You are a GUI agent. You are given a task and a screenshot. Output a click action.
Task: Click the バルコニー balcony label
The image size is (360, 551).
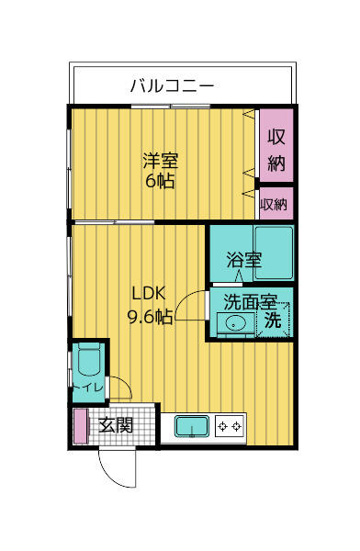[172, 87]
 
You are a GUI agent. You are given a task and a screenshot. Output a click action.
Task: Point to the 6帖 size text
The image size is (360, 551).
[160, 180]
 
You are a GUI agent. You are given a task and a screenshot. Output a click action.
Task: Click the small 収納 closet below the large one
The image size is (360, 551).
[274, 204]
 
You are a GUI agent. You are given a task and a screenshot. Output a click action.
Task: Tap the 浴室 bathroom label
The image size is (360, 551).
[244, 260]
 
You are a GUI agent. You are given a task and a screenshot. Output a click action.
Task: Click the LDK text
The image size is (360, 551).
[147, 295]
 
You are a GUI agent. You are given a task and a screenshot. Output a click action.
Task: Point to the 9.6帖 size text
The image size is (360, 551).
[150, 318]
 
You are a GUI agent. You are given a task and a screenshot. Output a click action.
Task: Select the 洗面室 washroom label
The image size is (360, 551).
[250, 300]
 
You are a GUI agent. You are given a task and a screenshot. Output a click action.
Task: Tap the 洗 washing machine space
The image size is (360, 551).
[273, 321]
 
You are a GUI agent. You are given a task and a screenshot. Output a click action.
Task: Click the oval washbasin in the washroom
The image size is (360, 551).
[235, 323]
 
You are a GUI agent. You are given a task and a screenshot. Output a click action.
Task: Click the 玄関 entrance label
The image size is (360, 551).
[116, 425]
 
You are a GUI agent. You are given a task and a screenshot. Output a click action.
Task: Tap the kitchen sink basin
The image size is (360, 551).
[191, 427]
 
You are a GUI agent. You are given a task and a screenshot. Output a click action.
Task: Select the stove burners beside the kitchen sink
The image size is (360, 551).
[230, 427]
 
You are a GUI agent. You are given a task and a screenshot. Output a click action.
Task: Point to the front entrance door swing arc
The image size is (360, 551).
[118, 468]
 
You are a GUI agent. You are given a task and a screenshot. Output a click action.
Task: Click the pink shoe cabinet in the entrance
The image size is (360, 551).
[80, 426]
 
